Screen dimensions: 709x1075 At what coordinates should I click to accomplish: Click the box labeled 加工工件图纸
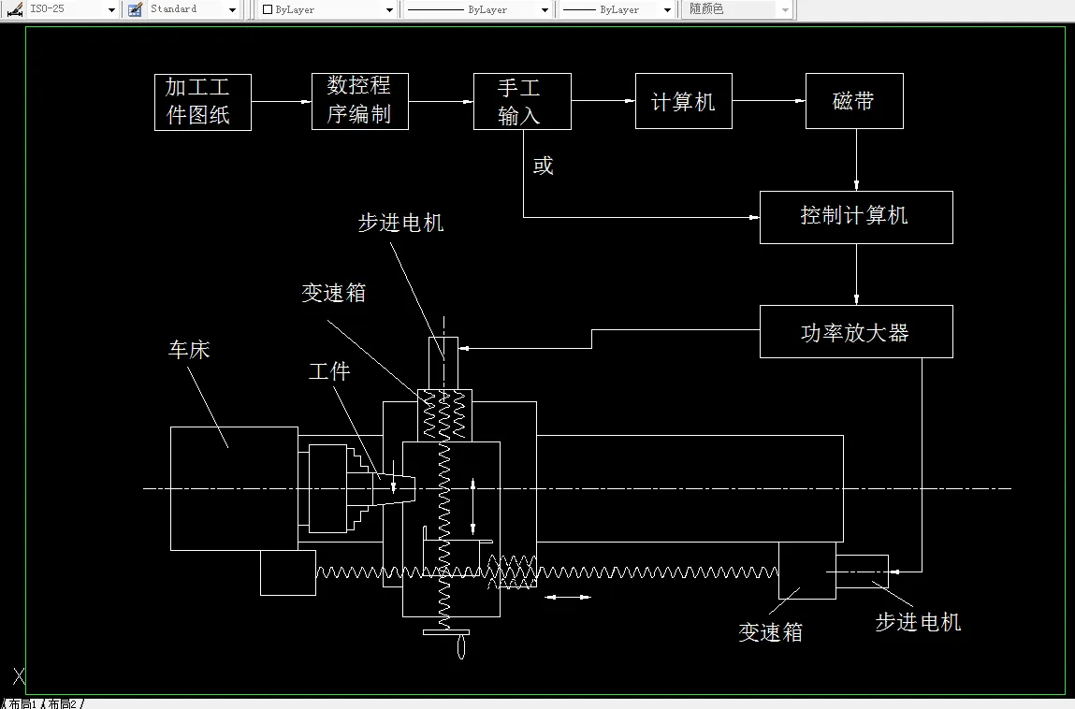click(x=202, y=102)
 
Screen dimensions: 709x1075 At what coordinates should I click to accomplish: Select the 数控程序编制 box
click(x=359, y=101)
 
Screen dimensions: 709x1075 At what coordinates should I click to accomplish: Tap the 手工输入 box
click(x=521, y=101)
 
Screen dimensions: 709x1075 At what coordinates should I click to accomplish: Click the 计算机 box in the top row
click(x=683, y=101)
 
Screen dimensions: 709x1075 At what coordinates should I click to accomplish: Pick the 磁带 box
click(x=853, y=101)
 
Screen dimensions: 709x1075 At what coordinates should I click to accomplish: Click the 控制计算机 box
click(x=855, y=217)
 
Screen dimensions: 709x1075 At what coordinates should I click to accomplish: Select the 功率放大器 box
click(x=855, y=331)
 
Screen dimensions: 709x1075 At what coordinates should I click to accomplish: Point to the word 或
click(x=543, y=166)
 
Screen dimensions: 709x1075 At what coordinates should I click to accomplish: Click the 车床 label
click(x=189, y=350)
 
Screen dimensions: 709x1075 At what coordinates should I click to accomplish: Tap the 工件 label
click(x=329, y=371)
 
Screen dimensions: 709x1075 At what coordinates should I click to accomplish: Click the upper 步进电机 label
click(x=400, y=223)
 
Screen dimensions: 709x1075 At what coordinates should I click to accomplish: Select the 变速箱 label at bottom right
click(x=770, y=632)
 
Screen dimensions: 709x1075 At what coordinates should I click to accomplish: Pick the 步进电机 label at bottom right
click(x=917, y=622)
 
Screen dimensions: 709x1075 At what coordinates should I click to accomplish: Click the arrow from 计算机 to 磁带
click(x=768, y=101)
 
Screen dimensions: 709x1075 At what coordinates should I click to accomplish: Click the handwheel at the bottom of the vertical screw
click(x=460, y=644)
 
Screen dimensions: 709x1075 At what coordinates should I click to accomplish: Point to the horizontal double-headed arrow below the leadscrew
click(x=567, y=597)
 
